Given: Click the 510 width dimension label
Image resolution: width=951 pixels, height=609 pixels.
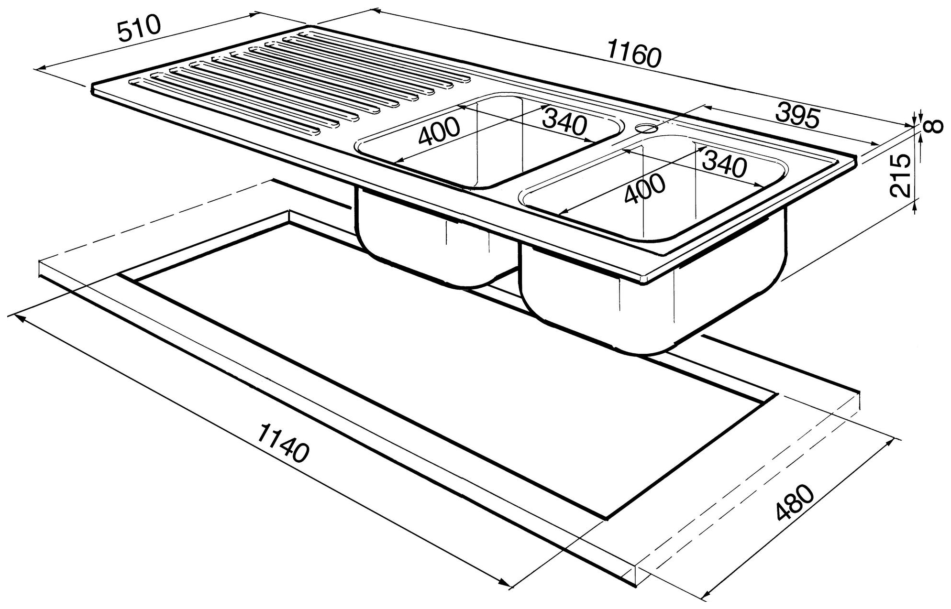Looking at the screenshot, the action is coord(140,29).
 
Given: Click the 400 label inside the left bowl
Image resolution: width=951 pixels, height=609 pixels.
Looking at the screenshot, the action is coord(439,130).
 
